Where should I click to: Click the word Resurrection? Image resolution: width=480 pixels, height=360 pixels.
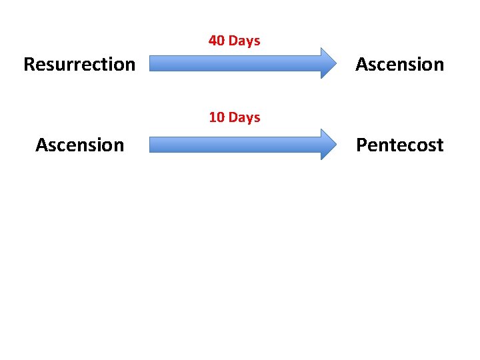(x=79, y=65)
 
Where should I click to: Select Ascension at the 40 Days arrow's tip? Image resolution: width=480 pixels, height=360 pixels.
(x=399, y=65)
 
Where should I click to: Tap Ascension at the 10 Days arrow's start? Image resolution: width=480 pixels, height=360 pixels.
(x=79, y=145)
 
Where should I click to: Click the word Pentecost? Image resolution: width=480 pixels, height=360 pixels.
(x=399, y=145)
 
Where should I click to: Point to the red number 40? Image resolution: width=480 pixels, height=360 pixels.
(x=217, y=41)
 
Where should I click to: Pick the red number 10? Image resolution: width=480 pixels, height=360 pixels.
(x=217, y=117)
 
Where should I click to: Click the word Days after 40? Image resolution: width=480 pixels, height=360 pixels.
(x=244, y=41)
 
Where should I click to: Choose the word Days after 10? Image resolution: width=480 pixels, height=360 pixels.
(x=244, y=117)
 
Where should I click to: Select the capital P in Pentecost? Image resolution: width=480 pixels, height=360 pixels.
(x=361, y=145)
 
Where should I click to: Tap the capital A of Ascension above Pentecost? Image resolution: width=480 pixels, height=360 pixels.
(x=361, y=65)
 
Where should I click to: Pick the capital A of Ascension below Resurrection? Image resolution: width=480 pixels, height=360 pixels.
(x=41, y=145)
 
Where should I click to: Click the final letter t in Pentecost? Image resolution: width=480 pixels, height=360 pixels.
(x=439, y=145)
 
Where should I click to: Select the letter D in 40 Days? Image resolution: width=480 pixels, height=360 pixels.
(x=233, y=41)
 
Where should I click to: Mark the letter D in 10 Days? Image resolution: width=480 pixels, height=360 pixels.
(x=233, y=117)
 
